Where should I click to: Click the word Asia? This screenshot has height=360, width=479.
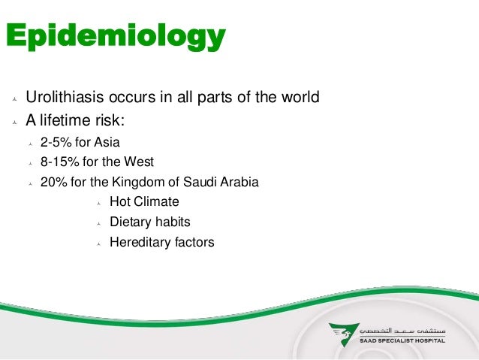104,141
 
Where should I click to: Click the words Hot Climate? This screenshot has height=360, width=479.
144,202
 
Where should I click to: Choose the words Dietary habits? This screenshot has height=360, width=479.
149,222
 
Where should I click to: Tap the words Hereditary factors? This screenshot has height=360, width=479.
161,243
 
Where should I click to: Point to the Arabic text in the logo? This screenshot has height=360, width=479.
402,330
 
